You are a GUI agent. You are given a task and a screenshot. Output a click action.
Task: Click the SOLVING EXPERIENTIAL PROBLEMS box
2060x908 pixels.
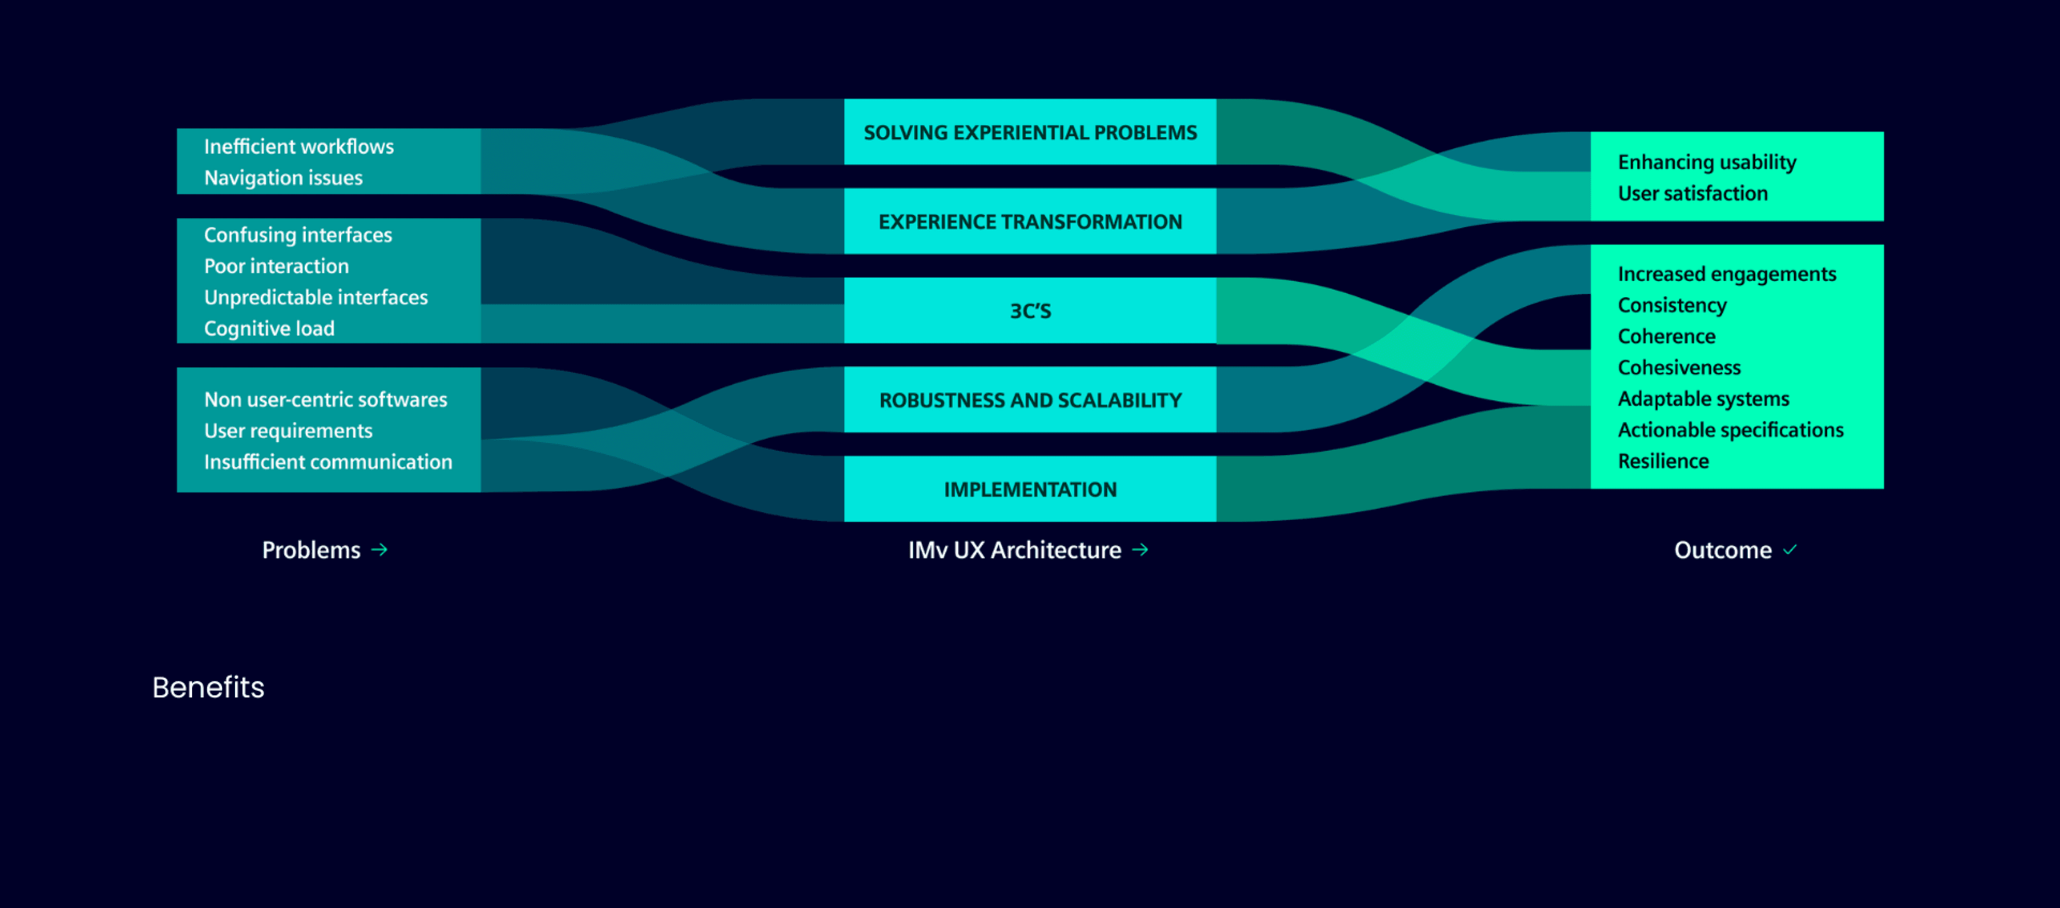1029,132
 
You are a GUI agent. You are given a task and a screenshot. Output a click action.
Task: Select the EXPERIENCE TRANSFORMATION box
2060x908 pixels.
1029,222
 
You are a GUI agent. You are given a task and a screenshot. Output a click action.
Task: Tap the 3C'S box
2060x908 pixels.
1029,310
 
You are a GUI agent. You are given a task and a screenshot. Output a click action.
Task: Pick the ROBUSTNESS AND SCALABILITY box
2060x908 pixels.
1029,400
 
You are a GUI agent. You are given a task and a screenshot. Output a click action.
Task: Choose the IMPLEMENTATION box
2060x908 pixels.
1029,489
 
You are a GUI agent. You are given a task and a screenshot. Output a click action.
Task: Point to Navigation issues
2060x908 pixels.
283,177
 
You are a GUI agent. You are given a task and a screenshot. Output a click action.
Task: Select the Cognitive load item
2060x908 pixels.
269,328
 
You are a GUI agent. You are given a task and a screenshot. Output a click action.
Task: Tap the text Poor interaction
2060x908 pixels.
276,266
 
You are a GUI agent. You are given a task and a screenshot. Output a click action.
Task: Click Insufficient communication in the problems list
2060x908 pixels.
328,462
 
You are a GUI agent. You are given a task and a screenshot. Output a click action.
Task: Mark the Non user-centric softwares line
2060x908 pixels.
325,399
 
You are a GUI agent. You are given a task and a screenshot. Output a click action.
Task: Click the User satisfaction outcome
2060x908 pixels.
1692,193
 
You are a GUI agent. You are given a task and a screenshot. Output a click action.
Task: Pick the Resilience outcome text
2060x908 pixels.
1663,461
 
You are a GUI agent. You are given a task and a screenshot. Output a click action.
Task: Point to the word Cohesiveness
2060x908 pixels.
1679,367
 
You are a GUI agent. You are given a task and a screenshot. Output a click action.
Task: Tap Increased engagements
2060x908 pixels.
1726,274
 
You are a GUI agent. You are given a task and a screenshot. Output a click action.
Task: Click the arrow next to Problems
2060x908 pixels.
380,550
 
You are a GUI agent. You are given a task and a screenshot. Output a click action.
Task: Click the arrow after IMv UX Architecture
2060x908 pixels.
1140,550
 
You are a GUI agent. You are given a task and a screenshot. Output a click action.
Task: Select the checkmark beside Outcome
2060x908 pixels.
1790,550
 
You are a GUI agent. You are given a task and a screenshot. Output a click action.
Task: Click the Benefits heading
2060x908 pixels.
208,687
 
